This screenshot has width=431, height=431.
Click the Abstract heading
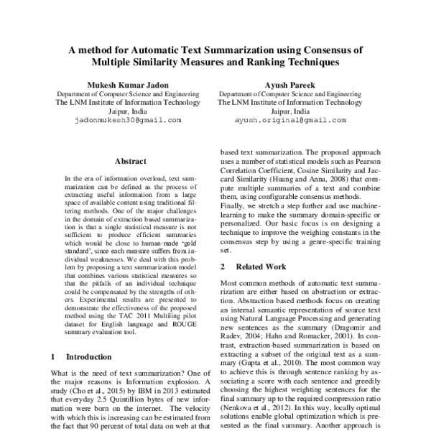[x=131, y=162]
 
